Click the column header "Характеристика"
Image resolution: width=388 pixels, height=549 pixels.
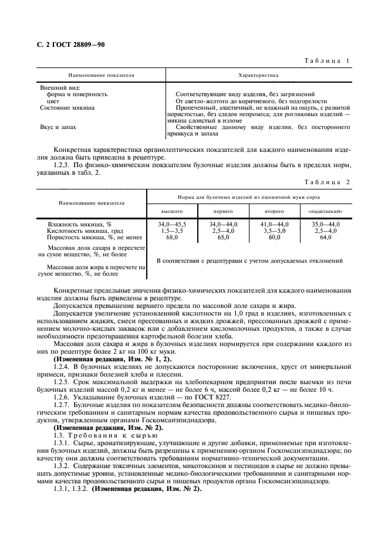coord(258,76)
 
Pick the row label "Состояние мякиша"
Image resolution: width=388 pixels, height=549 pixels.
coord(67,108)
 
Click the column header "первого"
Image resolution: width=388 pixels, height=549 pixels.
coord(223,211)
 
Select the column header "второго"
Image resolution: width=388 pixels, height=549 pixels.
coord(274,211)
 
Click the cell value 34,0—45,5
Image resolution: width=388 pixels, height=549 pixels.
coord(171,224)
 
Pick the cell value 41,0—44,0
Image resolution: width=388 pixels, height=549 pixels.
coord(274,224)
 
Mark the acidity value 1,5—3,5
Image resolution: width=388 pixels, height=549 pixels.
coord(171,231)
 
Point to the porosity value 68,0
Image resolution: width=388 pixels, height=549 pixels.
coord(171,237)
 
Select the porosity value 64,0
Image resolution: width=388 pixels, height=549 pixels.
coord(325,237)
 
